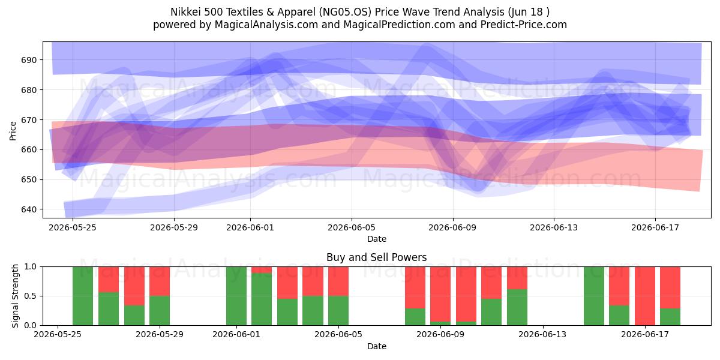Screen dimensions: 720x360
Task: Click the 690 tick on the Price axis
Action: coord(29,60)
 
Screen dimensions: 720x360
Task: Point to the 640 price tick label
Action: coord(29,209)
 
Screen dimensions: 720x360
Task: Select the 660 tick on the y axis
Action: coord(29,150)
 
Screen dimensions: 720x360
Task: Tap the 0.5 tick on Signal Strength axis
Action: coord(31,296)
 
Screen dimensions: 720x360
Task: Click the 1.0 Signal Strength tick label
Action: coord(31,267)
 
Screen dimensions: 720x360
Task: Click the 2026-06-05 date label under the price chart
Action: coord(352,227)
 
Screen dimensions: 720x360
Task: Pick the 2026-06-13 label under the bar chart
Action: coord(542,334)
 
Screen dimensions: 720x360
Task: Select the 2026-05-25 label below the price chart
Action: coord(73,227)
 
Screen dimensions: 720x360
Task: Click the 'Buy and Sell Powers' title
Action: coord(377,257)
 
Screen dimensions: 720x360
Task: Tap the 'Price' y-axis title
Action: coord(13,131)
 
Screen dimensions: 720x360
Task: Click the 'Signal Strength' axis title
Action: coord(15,296)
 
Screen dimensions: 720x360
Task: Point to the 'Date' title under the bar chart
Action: coord(377,346)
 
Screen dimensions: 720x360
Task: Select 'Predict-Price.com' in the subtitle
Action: coord(524,25)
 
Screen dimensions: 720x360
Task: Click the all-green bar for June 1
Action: coord(236,296)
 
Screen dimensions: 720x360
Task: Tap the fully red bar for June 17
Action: coord(645,296)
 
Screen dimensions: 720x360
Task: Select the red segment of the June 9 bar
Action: coord(440,294)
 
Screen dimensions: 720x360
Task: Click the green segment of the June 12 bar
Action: coord(517,307)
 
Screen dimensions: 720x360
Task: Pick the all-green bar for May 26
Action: coord(83,296)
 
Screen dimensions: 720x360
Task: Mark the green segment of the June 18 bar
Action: coord(670,317)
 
